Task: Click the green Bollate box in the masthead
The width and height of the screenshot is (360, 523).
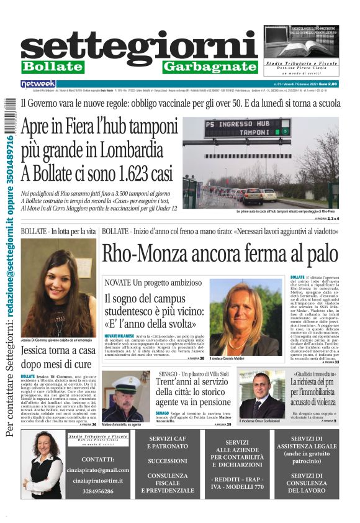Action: coord(53,66)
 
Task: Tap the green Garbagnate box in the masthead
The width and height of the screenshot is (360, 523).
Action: coord(210,66)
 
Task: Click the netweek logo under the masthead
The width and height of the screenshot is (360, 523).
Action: coord(38,83)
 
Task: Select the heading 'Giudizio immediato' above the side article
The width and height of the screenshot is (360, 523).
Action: coord(315,375)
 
